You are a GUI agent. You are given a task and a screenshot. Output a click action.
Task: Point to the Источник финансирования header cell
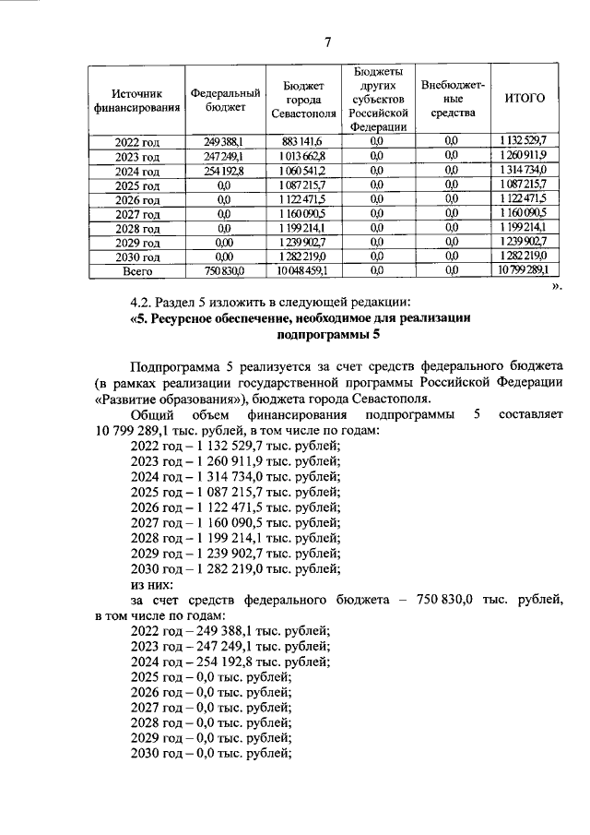pos(136,100)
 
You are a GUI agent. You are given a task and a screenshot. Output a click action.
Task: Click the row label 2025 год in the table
pos(136,185)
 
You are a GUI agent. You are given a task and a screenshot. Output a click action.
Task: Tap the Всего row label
pos(136,271)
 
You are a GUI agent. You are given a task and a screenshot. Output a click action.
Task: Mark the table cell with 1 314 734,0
pos(525,171)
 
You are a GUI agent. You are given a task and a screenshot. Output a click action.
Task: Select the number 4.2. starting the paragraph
pos(146,301)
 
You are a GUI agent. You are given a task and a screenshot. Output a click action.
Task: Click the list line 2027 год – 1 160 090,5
pos(235,523)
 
